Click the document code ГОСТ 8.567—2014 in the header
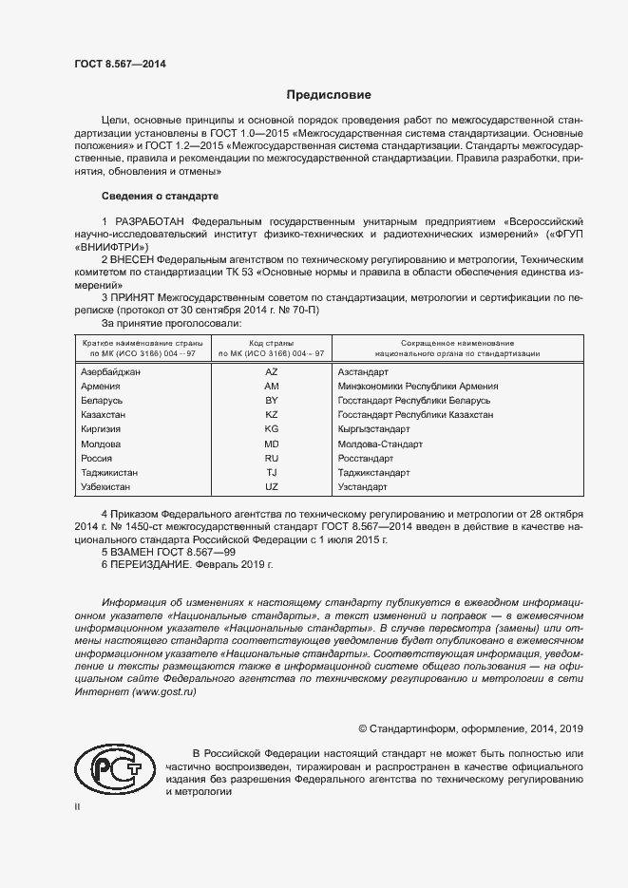pyautogui.click(x=120, y=64)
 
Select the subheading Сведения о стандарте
pyautogui.click(x=160, y=196)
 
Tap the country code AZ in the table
pyautogui.click(x=272, y=372)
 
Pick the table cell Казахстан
pyautogui.click(x=104, y=415)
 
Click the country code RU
pyautogui.click(x=272, y=458)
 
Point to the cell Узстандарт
pyautogui.click(x=363, y=486)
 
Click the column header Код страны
pyautogui.click(x=272, y=342)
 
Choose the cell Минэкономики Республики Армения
pyautogui.click(x=418, y=387)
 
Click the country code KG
pyautogui.click(x=272, y=429)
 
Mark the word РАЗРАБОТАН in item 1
pyautogui.click(x=147, y=220)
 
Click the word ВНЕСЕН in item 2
pyautogui.click(x=134, y=258)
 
